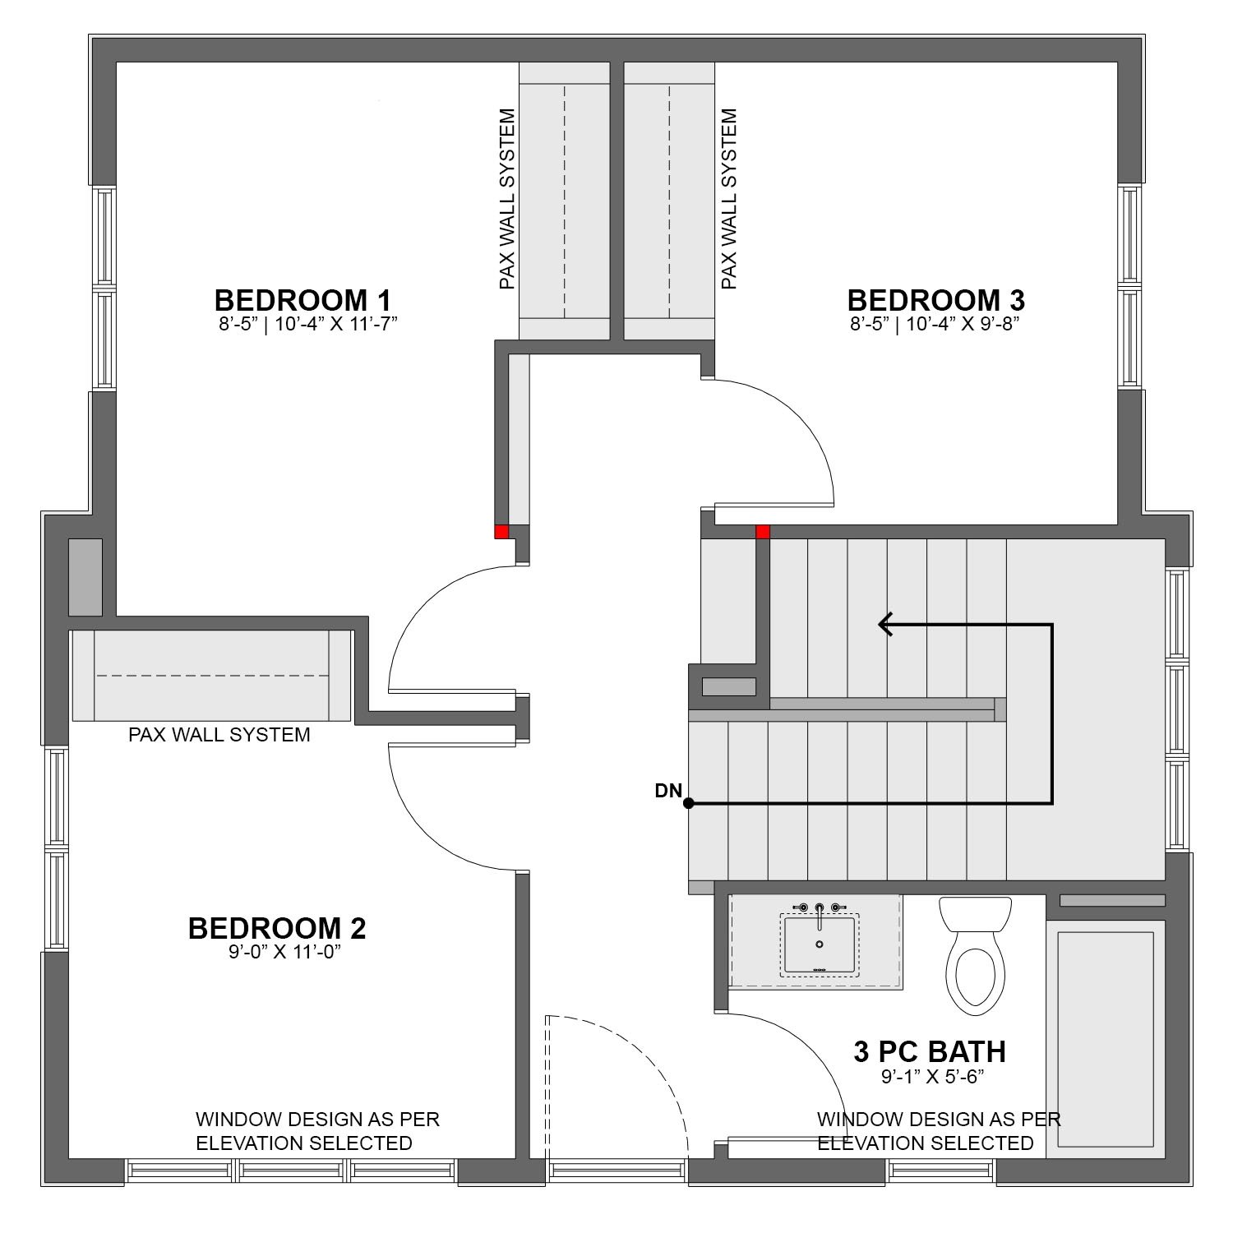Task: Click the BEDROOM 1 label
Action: click(302, 299)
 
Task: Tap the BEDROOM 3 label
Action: click(936, 299)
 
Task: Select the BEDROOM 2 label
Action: click(277, 928)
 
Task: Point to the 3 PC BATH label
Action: click(930, 1051)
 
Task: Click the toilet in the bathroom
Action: click(975, 954)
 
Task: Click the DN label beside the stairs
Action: click(668, 791)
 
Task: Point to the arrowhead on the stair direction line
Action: click(886, 625)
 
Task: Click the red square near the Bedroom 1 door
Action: click(501, 532)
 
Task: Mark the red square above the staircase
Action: click(763, 532)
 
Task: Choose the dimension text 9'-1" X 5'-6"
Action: click(933, 1076)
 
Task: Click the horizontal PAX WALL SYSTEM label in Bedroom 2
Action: click(219, 735)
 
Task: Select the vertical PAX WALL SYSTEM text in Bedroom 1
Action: click(507, 199)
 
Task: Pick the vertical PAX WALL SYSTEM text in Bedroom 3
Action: click(728, 199)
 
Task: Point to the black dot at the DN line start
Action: click(689, 803)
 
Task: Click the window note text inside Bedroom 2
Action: click(317, 1131)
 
